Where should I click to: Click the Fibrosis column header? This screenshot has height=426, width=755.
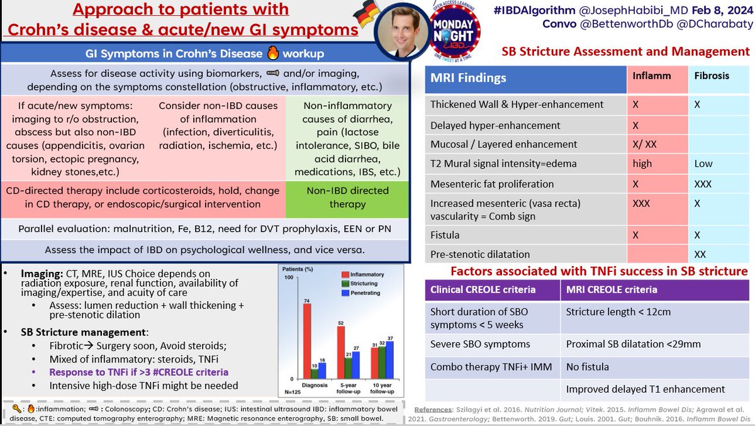click(x=712, y=76)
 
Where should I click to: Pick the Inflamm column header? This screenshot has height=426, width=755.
click(x=651, y=76)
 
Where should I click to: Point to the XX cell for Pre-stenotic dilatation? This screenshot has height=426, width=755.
click(x=701, y=254)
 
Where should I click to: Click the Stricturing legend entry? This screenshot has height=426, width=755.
click(x=362, y=284)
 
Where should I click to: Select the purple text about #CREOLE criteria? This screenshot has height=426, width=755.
click(x=139, y=372)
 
